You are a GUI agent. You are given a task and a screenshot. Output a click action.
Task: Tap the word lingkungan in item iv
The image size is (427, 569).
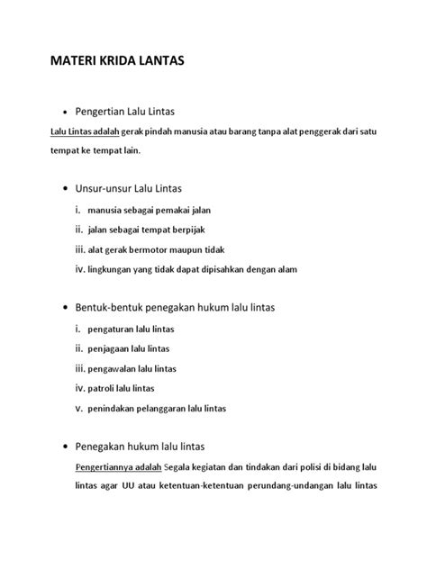click(112, 268)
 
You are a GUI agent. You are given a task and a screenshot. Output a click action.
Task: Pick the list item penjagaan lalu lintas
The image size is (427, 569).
click(129, 348)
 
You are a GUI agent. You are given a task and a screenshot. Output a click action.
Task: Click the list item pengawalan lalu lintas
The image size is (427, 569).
click(132, 368)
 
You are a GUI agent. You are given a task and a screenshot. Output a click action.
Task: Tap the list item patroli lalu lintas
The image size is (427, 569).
click(122, 388)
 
